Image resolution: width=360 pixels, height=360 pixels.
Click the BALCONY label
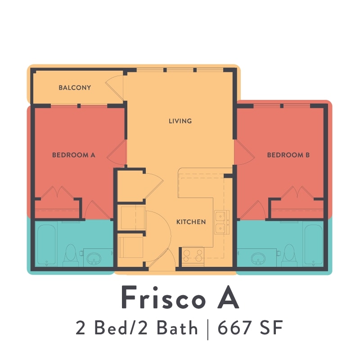(x=75, y=88)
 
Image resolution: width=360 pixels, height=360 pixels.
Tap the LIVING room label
(x=180, y=121)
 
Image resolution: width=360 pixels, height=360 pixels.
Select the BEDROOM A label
(x=74, y=155)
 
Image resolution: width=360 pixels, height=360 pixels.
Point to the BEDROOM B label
(x=288, y=155)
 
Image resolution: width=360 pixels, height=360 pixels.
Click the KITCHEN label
(x=191, y=222)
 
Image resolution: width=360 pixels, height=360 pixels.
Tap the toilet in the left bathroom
(x=71, y=255)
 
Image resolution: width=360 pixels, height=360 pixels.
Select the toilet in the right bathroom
(x=288, y=255)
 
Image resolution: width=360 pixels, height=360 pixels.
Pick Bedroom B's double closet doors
(x=297, y=193)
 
